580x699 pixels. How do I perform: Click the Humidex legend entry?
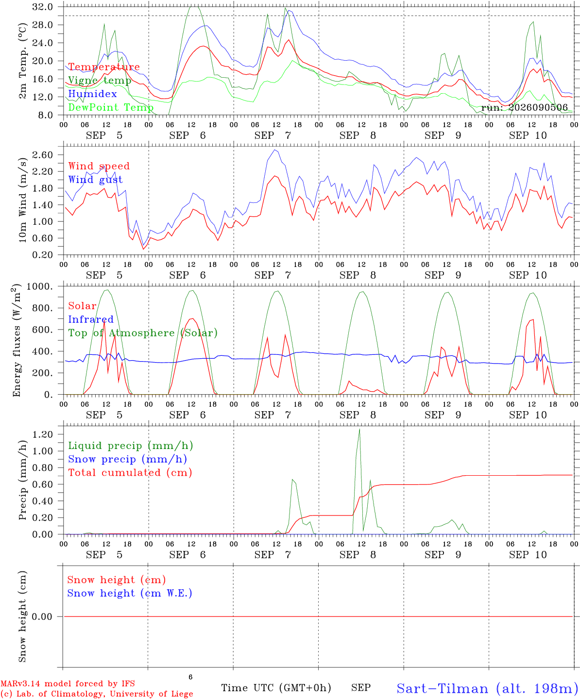click(x=92, y=94)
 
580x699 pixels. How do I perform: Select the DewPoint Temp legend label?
click(x=111, y=107)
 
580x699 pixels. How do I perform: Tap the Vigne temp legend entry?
click(x=100, y=81)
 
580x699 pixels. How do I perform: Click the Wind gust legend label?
click(x=96, y=180)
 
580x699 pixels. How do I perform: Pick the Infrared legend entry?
click(x=91, y=319)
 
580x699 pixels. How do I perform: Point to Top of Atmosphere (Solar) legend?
click(x=143, y=333)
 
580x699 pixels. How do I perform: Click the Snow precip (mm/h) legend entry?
click(x=127, y=459)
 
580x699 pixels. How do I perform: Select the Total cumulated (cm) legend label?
click(x=130, y=473)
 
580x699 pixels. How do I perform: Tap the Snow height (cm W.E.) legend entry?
click(x=130, y=593)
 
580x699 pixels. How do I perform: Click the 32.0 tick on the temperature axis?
click(x=43, y=7)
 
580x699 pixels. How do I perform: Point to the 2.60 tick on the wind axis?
click(x=43, y=155)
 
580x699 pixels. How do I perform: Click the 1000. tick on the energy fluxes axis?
click(x=40, y=286)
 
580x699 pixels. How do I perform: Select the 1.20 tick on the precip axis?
click(x=43, y=434)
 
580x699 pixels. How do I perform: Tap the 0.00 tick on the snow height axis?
click(x=43, y=616)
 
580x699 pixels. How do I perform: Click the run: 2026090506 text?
click(x=525, y=107)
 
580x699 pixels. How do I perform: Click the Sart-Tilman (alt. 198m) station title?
click(x=488, y=688)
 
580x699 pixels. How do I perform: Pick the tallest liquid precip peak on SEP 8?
click(x=359, y=429)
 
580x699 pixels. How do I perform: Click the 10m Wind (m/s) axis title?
click(x=22, y=200)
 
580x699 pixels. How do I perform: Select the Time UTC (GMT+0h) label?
click(x=276, y=688)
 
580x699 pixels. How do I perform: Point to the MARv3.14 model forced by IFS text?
click(x=68, y=683)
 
